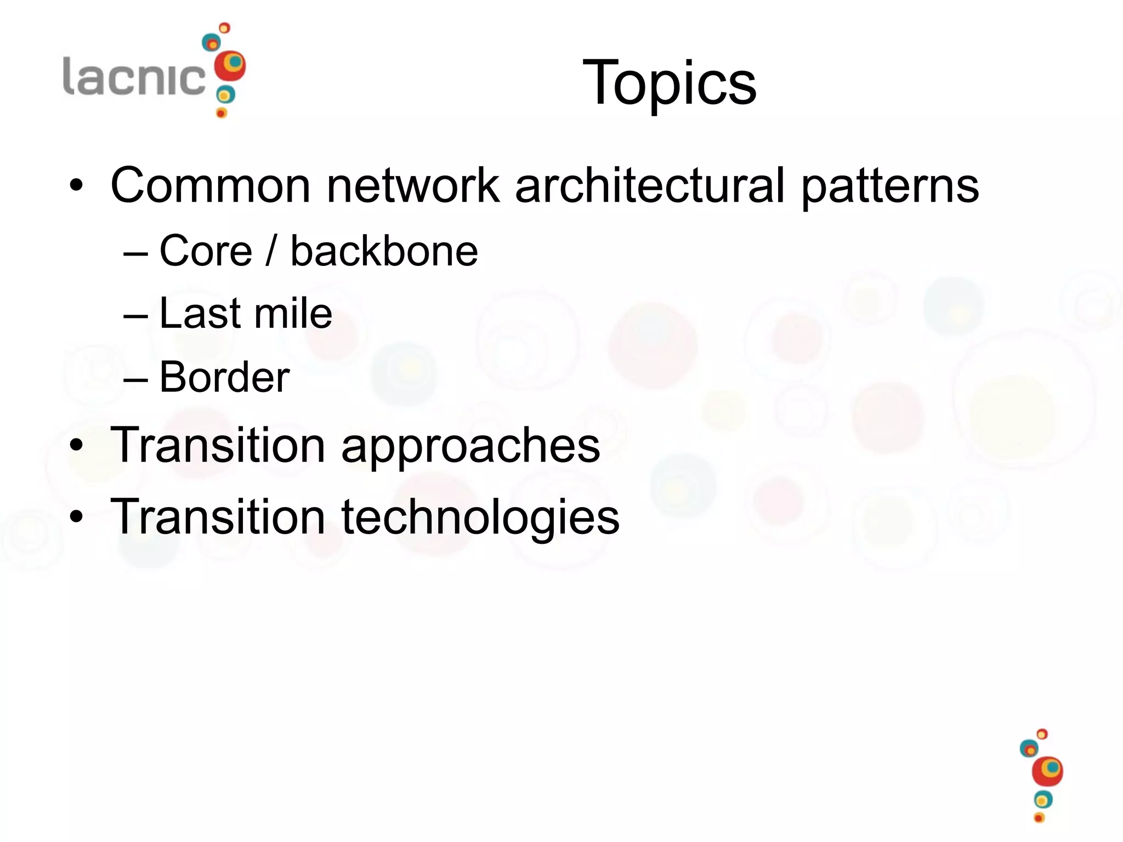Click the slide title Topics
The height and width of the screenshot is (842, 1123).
669,83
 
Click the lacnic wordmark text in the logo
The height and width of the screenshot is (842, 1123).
134,77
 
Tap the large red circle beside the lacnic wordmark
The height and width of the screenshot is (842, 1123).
230,66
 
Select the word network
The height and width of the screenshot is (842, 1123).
413,185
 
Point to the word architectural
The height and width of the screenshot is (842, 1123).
650,185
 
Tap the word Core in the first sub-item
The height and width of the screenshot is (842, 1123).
206,251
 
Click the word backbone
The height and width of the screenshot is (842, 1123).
384,251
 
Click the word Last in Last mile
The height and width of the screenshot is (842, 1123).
200,314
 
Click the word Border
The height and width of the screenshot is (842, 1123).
224,377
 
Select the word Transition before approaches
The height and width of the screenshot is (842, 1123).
218,445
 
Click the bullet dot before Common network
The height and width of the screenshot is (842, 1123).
76,186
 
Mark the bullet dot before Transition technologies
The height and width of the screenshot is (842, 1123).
76,517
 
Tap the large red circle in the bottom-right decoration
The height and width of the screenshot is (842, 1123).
1047,771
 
